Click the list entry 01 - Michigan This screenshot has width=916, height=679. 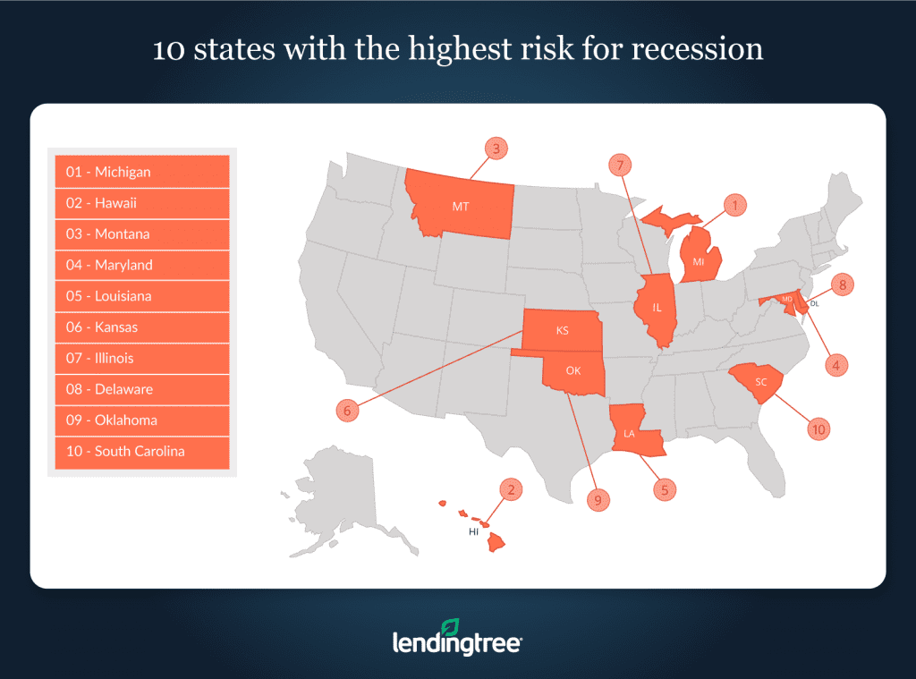coord(141,172)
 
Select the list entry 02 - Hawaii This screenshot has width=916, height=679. coord(141,203)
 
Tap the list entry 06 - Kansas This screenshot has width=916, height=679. coord(141,327)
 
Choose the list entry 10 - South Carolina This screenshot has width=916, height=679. coord(141,452)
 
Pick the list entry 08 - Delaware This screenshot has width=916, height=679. coord(141,389)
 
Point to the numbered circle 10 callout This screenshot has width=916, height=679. coord(818,430)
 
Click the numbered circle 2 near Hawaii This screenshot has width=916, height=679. coord(511,489)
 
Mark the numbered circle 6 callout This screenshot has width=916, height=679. coord(348,412)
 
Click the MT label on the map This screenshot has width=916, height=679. coord(460,207)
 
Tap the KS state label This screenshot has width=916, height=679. coord(562,331)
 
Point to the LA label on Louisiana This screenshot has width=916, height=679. coord(629,434)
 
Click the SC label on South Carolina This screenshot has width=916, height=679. coord(761,382)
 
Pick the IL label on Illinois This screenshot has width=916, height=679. coord(657,308)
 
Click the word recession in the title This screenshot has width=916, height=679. coord(698,48)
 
